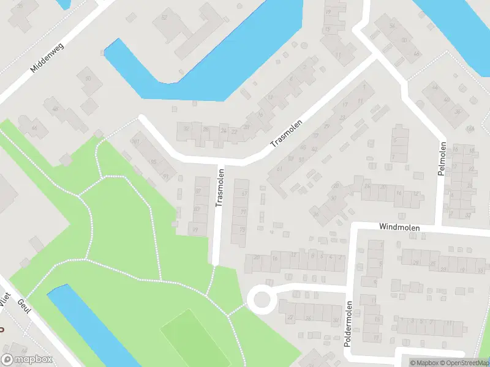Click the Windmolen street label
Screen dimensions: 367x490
click(399, 227)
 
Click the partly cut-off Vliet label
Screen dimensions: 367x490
click(5, 299)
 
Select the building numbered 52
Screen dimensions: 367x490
click(164, 18)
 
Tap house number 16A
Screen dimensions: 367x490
click(470, 128)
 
